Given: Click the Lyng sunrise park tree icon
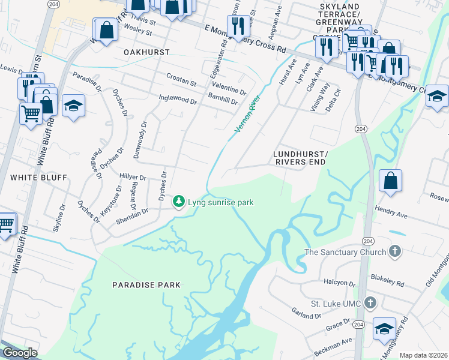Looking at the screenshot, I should click(178, 202).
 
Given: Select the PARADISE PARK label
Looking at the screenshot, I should click(146, 284).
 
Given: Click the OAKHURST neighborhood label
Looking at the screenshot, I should click(146, 52).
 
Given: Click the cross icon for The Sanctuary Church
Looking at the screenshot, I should click(394, 251).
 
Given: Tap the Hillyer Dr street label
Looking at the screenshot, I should click(133, 178).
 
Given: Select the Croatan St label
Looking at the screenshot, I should click(181, 82).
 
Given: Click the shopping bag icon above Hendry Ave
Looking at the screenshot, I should click(390, 181).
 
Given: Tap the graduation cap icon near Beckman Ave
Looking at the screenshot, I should click(384, 329).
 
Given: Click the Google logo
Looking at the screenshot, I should click(20, 353).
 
